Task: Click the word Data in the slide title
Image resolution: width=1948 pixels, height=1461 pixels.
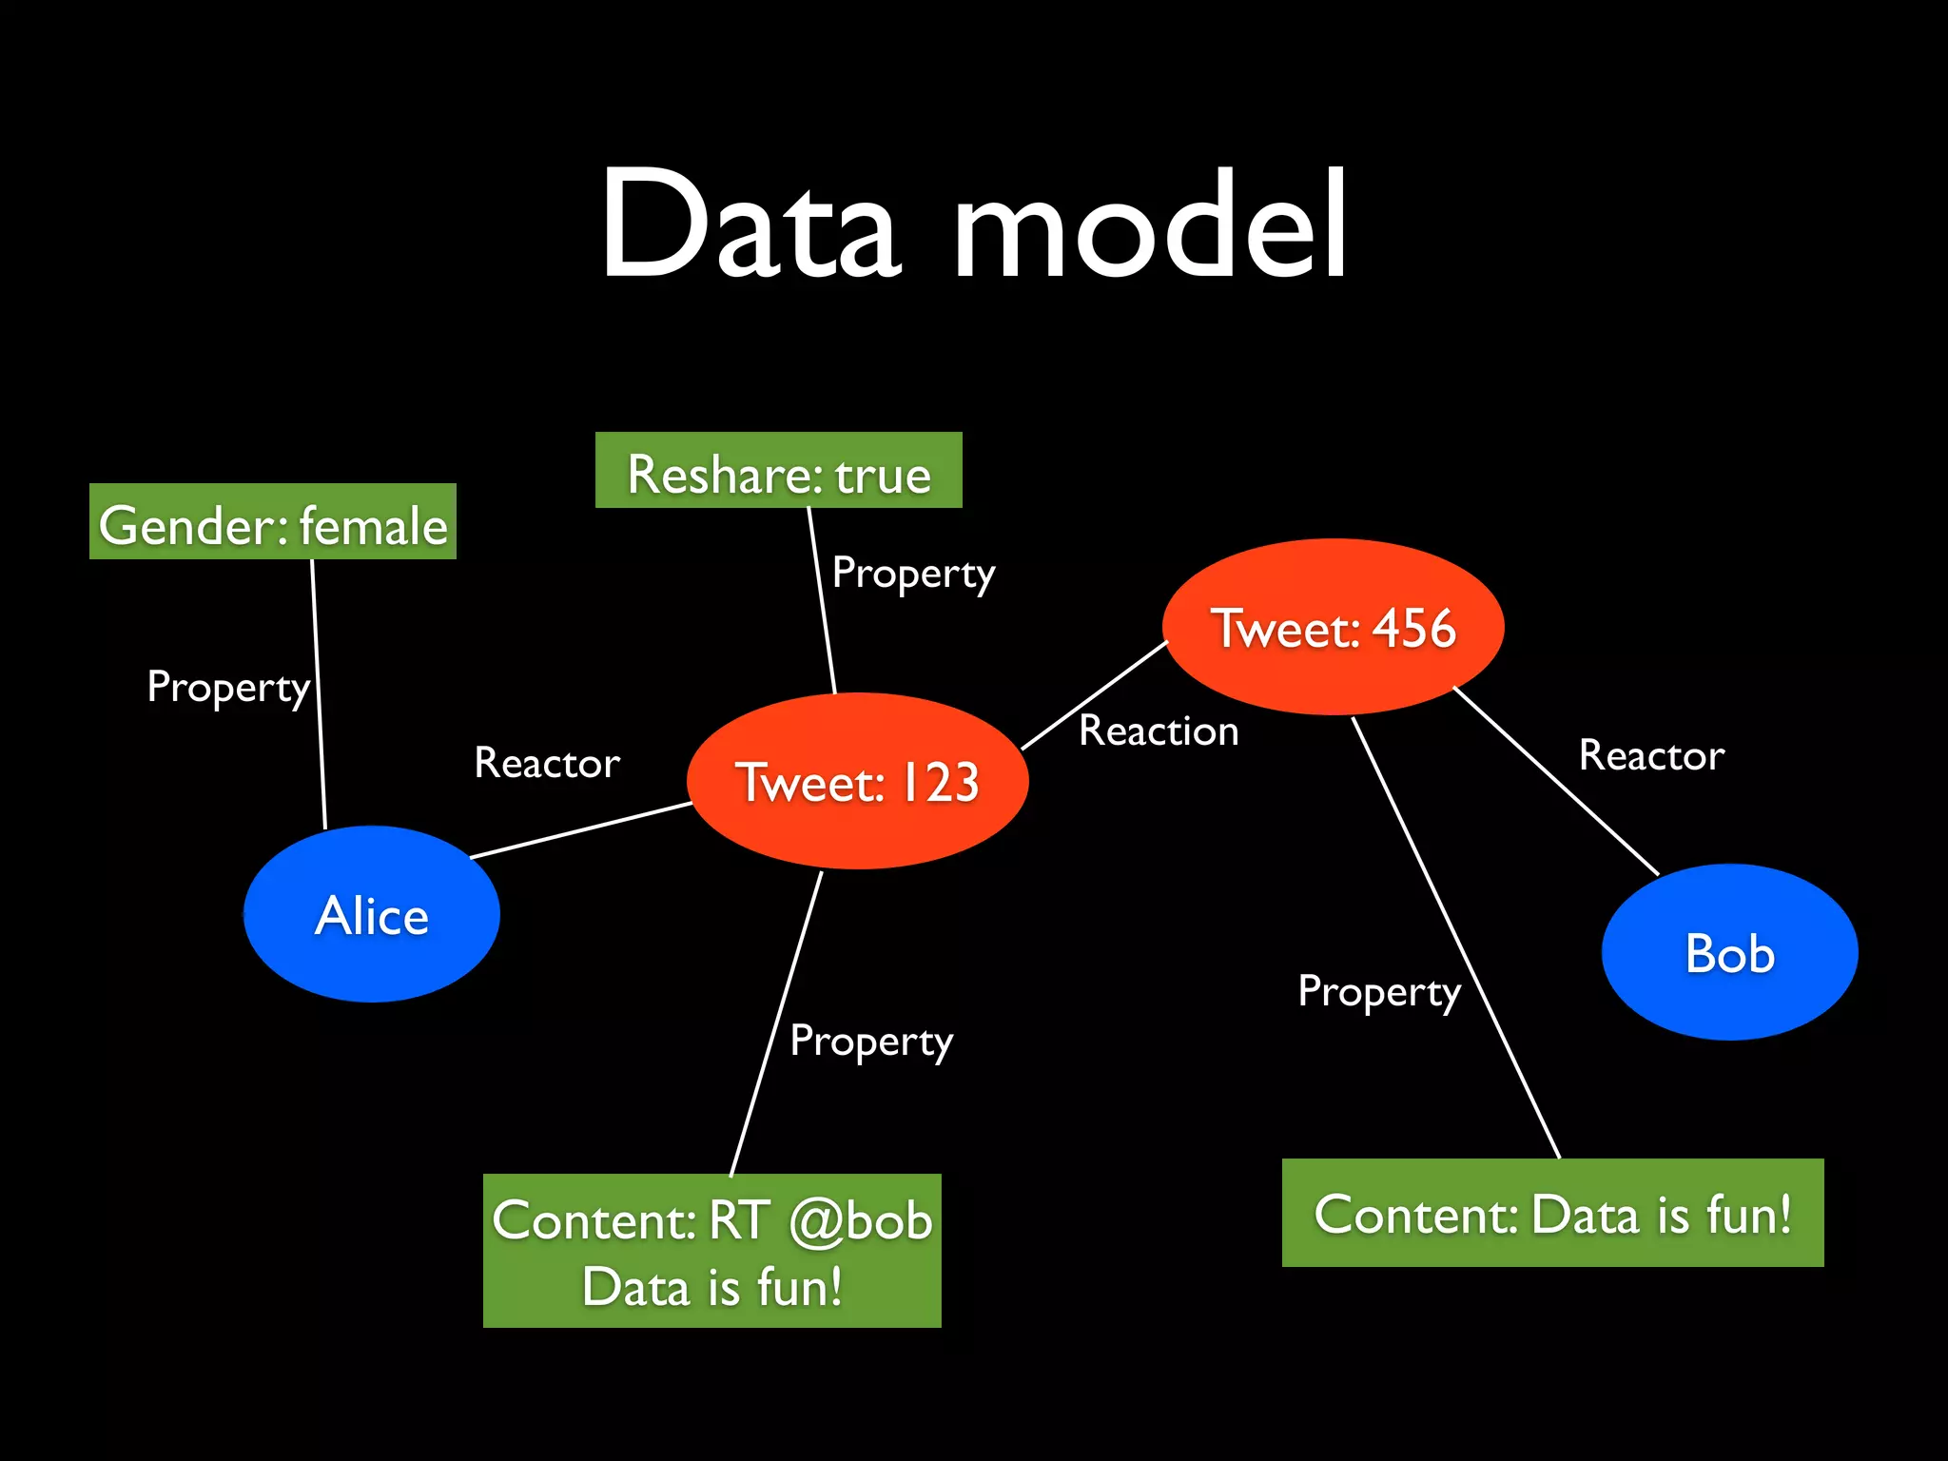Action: tap(750, 225)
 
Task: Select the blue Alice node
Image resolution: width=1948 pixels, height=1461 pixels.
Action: tap(372, 914)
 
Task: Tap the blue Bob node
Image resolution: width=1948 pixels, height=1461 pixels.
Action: tap(1729, 952)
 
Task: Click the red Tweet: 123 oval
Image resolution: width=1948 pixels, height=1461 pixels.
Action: tap(857, 781)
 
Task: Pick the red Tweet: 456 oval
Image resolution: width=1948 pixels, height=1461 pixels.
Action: tap(1333, 627)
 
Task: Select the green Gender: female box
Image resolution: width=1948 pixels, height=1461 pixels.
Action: tap(273, 522)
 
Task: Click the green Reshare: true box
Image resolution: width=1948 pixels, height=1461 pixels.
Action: tap(778, 471)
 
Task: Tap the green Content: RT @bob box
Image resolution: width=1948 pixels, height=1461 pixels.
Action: tap(711, 1251)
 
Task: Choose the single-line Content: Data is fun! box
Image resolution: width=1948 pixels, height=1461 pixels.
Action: tap(1552, 1213)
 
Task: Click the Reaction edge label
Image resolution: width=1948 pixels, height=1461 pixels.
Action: tap(1159, 730)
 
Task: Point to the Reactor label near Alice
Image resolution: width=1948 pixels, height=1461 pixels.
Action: tap(547, 763)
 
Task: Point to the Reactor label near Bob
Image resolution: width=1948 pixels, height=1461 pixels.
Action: tap(1651, 755)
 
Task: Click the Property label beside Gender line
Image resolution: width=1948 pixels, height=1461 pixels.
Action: tap(228, 687)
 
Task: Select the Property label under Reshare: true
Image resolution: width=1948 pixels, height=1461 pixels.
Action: tap(913, 574)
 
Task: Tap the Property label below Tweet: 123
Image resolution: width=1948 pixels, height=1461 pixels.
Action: tap(871, 1042)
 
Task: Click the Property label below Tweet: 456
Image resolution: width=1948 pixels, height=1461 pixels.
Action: tap(1379, 992)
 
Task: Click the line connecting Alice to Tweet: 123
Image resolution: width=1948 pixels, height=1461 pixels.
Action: tap(580, 830)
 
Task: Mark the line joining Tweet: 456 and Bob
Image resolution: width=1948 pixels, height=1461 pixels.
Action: tap(1556, 781)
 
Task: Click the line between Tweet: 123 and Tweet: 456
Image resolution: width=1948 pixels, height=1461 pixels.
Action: tap(1094, 695)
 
